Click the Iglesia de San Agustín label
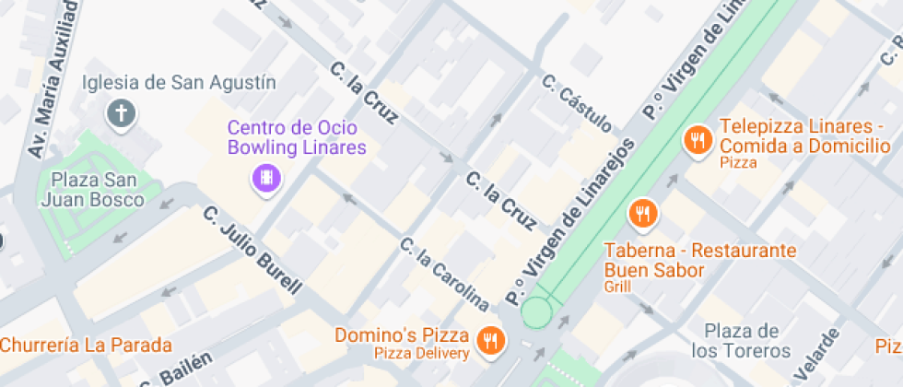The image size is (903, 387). coord(179,83)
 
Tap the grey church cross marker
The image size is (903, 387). coord(122,114)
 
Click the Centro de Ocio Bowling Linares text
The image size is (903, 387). coord(297,137)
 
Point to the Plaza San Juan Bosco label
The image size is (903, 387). coord(98,189)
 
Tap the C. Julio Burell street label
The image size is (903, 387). coord(252,250)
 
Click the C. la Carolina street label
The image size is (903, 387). coord(443,274)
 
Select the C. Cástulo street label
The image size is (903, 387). coord(577,102)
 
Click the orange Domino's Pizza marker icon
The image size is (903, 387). coord(489,343)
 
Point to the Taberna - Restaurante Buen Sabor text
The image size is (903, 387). coord(699,260)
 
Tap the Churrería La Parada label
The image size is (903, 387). coord(86,346)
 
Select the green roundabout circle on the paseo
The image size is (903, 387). coord(536,312)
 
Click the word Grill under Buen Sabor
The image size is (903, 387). coord(617,287)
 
